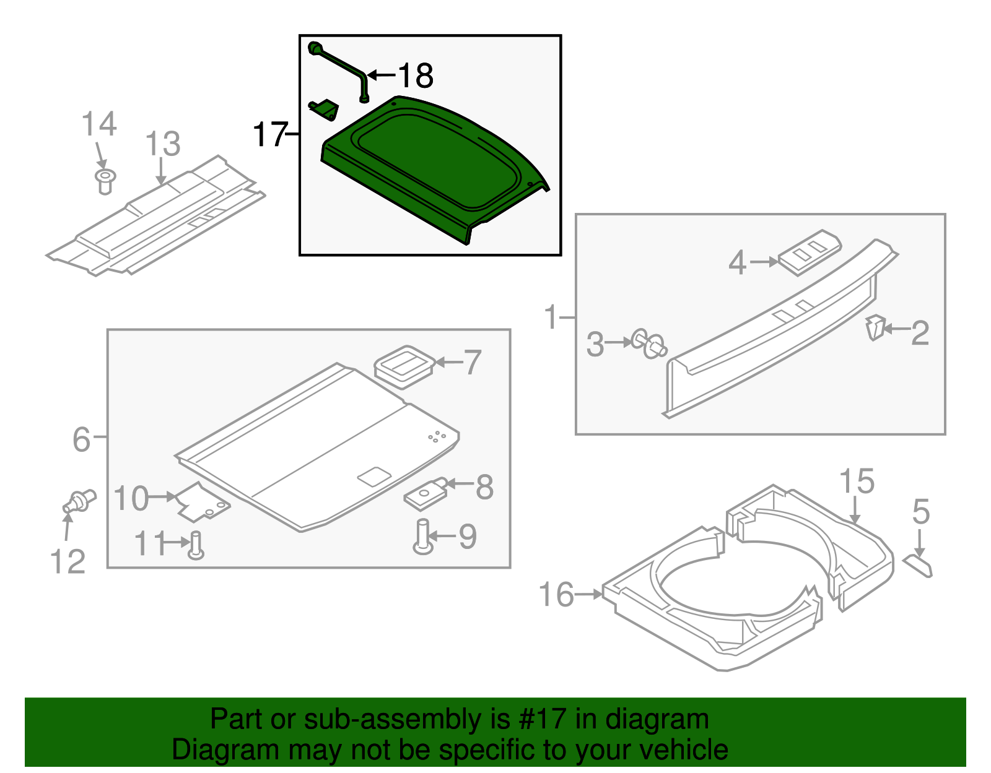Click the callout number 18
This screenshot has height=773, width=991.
(x=416, y=76)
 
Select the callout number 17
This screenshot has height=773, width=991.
(x=270, y=134)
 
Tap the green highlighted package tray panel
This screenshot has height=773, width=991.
(x=434, y=167)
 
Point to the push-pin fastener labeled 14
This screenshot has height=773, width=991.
(x=105, y=181)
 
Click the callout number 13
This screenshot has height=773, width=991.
(x=162, y=144)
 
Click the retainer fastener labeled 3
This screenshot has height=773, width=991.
(x=649, y=343)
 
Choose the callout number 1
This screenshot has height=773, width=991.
(x=551, y=317)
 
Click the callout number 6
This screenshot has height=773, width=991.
(x=81, y=439)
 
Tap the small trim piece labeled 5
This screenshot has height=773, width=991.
(x=917, y=565)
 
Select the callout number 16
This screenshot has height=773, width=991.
(x=556, y=595)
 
